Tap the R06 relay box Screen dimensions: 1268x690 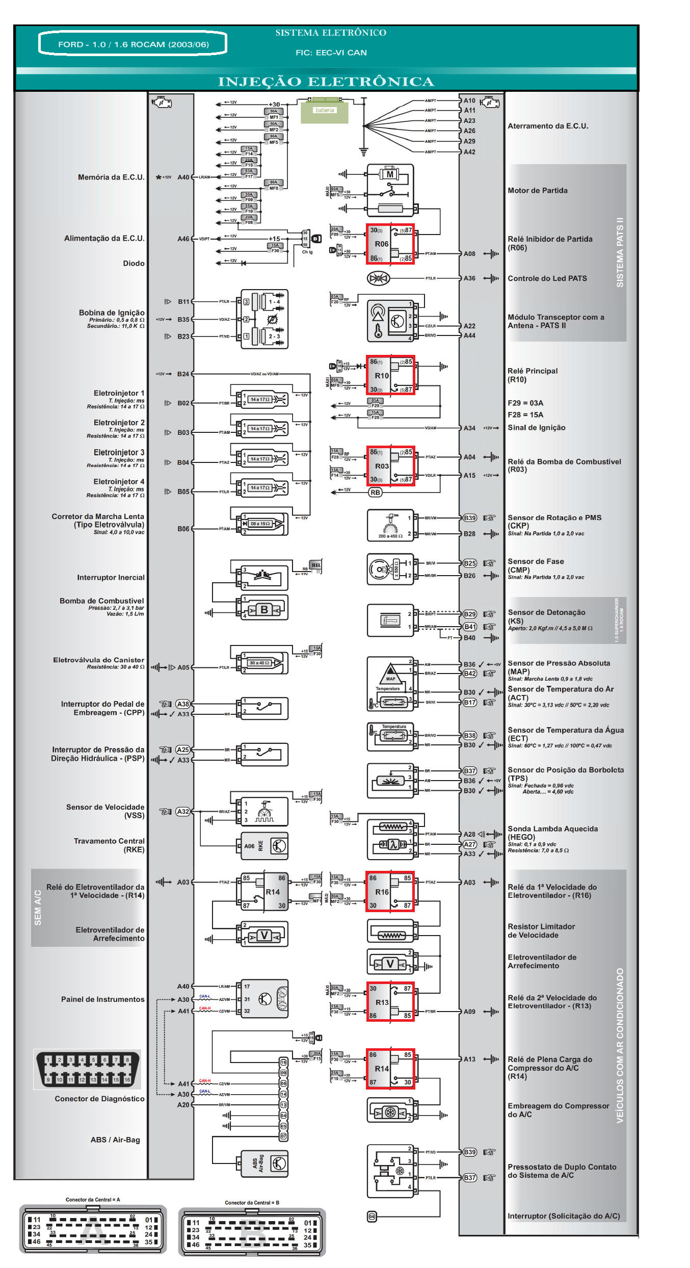click(x=390, y=244)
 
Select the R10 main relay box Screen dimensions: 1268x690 click(x=390, y=375)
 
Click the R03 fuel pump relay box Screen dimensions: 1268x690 click(x=390, y=466)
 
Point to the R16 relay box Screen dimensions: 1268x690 click(x=390, y=892)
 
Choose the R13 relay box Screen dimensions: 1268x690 click(x=390, y=1002)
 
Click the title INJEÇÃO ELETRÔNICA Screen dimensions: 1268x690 click(x=326, y=82)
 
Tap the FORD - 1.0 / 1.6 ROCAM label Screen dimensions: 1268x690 click(x=133, y=44)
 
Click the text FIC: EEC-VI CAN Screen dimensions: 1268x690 click(x=331, y=53)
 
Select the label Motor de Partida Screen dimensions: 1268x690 click(x=537, y=191)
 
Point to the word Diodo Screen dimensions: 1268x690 click(x=134, y=264)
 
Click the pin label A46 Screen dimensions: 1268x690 click(x=183, y=239)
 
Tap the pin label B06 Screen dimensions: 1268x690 click(x=183, y=529)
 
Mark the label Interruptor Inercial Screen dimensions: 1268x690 click(x=111, y=578)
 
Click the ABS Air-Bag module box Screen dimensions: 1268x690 click(x=264, y=1164)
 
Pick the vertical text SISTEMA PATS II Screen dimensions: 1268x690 click(x=620, y=252)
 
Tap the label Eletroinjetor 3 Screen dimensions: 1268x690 click(x=119, y=453)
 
